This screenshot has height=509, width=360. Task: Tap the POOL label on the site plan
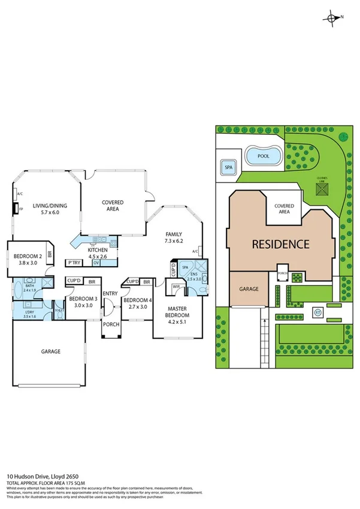click(x=264, y=155)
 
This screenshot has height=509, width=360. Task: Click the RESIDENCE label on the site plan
click(x=280, y=244)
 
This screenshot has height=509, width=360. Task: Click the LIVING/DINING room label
click(x=50, y=209)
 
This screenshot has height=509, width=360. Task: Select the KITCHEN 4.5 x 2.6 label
click(x=98, y=252)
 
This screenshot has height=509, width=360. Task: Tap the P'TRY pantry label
click(x=74, y=263)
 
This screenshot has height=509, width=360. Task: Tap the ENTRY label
click(x=110, y=293)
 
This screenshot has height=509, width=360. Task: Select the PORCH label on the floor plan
click(x=110, y=324)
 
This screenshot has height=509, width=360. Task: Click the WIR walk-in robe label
click(x=176, y=287)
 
